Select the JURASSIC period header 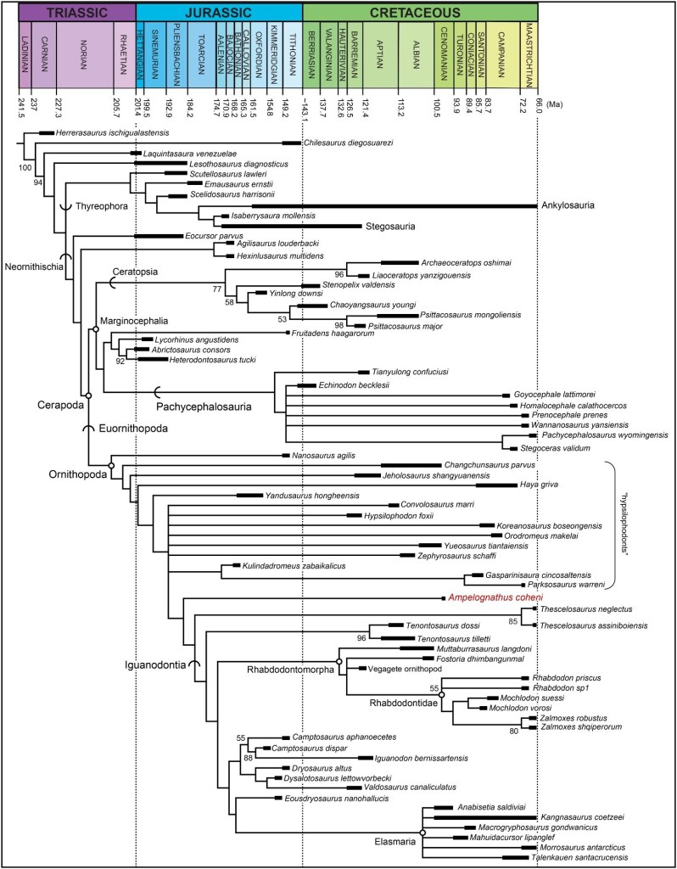(219, 13)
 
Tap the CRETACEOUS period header (420, 13)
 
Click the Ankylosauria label (569, 205)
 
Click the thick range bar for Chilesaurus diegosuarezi (293, 143)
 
